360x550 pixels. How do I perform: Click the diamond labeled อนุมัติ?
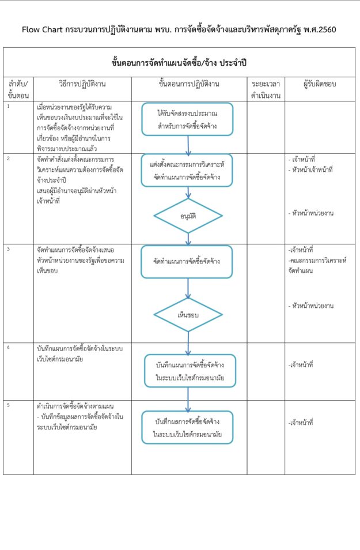coord(188,216)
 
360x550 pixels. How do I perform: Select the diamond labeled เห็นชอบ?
coord(188,315)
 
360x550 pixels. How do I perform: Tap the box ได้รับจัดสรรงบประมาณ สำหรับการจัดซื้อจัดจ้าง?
coord(188,119)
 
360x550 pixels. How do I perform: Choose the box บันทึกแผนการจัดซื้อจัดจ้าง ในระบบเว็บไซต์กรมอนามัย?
coord(188,371)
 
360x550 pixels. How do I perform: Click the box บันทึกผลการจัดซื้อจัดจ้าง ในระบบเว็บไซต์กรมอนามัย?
coord(188,427)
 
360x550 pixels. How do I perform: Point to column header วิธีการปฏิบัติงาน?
coord(82,84)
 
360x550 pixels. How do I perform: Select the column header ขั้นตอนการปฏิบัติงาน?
coord(189,84)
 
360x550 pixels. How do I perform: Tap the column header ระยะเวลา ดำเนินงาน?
coord(266,89)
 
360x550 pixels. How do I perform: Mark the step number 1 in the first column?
coord(9,106)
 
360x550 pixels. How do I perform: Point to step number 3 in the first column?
coord(9,248)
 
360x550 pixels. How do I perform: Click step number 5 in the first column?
coord(9,405)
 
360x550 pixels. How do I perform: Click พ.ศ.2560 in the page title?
coord(316,29)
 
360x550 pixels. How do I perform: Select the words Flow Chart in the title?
coord(41,29)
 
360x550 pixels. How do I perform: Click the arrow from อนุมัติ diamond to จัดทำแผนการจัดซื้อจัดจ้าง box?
coord(188,239)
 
